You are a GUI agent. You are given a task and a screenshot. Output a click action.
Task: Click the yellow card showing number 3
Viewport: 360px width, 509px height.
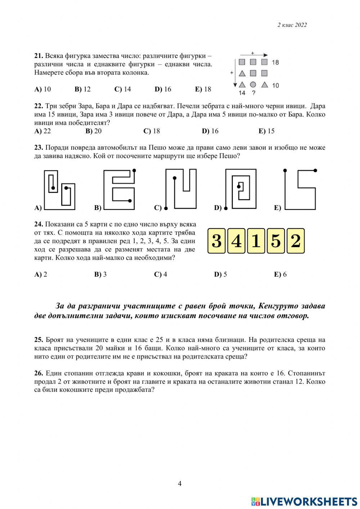tap(217, 241)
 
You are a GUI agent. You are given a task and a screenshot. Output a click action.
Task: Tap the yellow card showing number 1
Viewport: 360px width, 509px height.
tap(256, 241)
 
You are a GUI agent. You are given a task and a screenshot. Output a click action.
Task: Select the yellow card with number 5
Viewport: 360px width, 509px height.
tap(276, 241)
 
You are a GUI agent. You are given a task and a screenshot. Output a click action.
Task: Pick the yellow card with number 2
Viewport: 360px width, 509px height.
tap(295, 241)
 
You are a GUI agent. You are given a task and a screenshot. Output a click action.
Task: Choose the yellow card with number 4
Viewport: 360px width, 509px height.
tap(236, 241)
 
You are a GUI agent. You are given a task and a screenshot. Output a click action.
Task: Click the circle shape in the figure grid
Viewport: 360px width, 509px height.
tap(253, 85)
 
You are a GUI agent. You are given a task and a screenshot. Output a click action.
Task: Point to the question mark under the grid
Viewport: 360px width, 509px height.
tap(253, 93)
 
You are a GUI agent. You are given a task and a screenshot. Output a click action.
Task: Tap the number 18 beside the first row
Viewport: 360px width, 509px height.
tap(275, 62)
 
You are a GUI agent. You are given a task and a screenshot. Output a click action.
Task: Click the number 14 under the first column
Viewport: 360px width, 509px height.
tap(242, 93)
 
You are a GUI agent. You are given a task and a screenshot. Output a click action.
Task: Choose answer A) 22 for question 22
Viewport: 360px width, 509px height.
tap(42, 131)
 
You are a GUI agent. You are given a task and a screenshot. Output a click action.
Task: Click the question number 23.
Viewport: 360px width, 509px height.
tap(39, 148)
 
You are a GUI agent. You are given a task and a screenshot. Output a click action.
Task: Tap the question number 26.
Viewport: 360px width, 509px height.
tap(39, 373)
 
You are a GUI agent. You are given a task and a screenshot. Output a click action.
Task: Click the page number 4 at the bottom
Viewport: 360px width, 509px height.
tap(180, 483)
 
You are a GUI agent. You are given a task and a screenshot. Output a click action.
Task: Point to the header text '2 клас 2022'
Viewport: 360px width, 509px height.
tap(292, 25)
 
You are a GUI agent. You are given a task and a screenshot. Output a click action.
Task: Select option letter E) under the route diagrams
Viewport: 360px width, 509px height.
tap(278, 208)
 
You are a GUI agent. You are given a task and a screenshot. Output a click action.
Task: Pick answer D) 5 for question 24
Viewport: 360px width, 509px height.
tap(220, 274)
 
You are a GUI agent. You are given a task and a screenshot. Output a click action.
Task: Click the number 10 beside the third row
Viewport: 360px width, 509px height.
tap(275, 85)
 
